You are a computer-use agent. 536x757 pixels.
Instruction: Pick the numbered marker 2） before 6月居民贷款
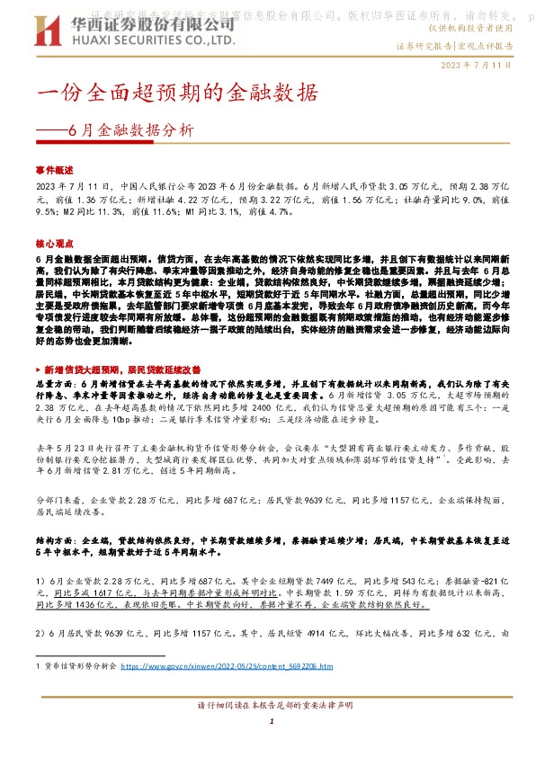coord(40,634)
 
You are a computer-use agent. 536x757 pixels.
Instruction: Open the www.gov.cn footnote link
coord(227,666)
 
